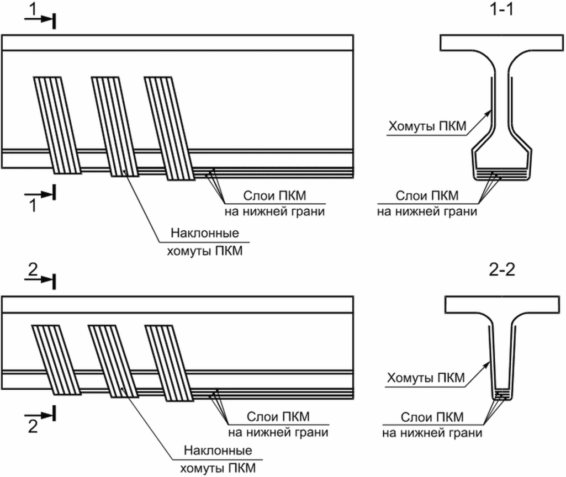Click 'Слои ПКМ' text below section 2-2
pyautogui.click(x=432, y=416)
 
